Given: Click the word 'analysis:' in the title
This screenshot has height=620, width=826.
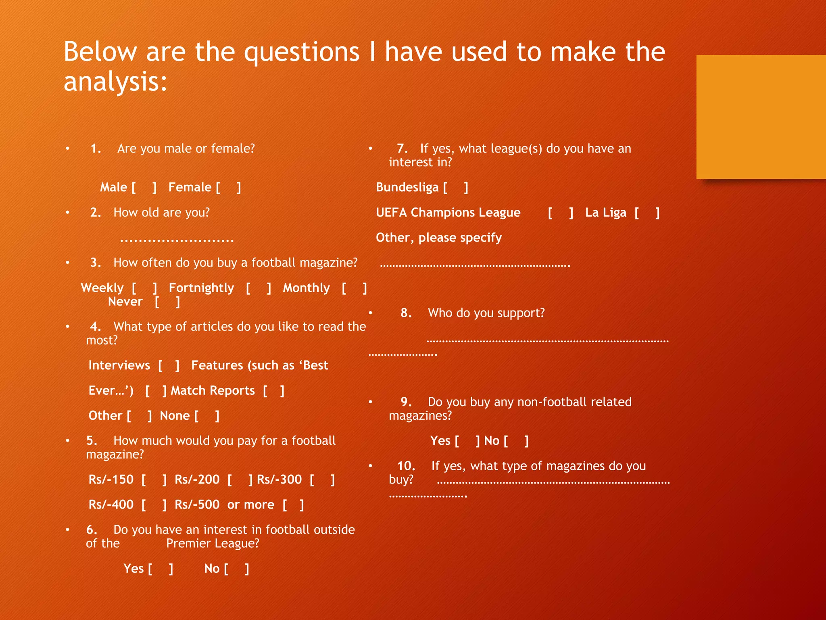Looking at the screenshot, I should click(115, 82).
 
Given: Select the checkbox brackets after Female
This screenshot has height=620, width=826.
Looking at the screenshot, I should click(228, 188).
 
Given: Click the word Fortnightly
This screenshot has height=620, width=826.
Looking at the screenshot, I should click(201, 288).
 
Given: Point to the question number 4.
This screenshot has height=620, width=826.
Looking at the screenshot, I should click(95, 327).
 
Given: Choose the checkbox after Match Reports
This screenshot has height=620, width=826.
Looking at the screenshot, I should click(274, 391).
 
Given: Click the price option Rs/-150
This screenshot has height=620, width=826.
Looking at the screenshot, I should click(111, 480).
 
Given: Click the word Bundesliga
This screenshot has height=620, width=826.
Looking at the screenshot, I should click(407, 187).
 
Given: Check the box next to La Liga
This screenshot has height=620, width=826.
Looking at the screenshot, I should click(647, 213).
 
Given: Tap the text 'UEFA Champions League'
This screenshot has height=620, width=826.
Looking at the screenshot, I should click(448, 213).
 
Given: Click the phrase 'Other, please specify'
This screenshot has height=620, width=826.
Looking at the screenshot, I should click(439, 238).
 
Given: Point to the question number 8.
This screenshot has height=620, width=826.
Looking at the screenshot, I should click(406, 313).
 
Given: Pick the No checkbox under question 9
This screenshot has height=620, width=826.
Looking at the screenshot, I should click(516, 441).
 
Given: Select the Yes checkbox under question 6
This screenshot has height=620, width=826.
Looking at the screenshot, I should click(161, 569).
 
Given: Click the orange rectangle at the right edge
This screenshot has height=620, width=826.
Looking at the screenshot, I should click(761, 117).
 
